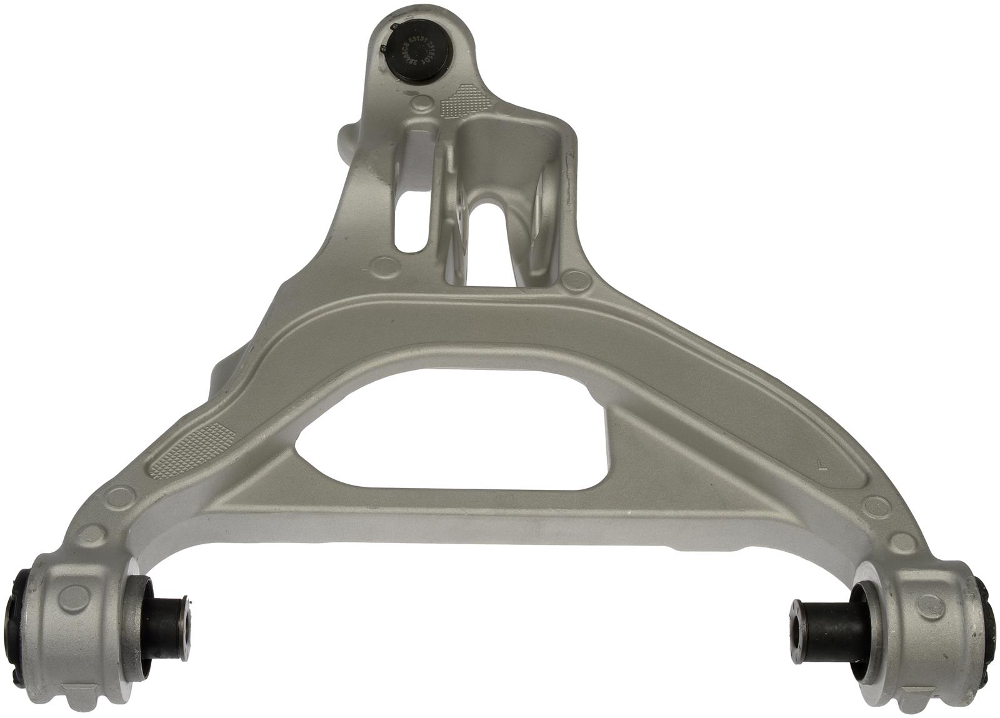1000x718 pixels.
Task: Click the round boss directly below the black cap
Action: pyautogui.click(x=424, y=103)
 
